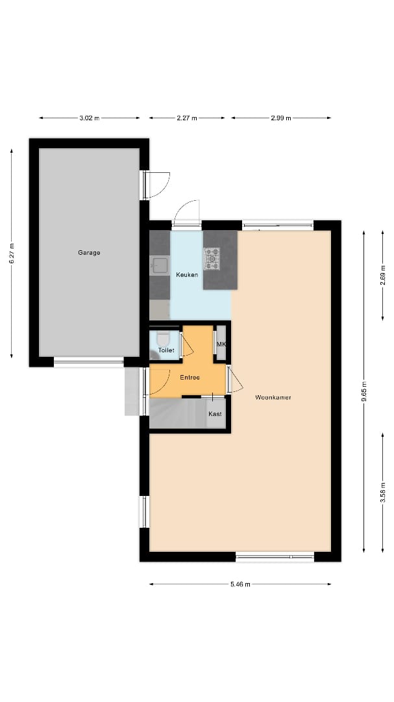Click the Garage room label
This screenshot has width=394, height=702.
[x=89, y=253]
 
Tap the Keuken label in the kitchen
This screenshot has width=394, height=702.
[x=187, y=275]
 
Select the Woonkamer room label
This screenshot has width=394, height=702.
[x=273, y=397]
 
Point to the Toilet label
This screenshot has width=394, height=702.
[x=166, y=350]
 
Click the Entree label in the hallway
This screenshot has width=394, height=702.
[x=190, y=378]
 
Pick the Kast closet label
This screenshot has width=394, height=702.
[x=215, y=414]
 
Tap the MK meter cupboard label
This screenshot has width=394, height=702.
[x=221, y=344]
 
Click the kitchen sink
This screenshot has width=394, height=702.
[x=160, y=265]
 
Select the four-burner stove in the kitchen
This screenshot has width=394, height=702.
[x=212, y=259]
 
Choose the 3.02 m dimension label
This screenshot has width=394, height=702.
[x=89, y=118]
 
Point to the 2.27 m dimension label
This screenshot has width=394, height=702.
[x=187, y=118]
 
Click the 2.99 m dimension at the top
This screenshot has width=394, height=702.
[x=281, y=118]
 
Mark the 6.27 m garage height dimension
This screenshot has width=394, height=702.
[x=12, y=253]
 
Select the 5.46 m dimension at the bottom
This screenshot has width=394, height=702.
[x=240, y=584]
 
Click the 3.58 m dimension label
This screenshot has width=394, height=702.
[x=383, y=491]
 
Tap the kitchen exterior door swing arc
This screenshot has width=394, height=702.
[x=186, y=211]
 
